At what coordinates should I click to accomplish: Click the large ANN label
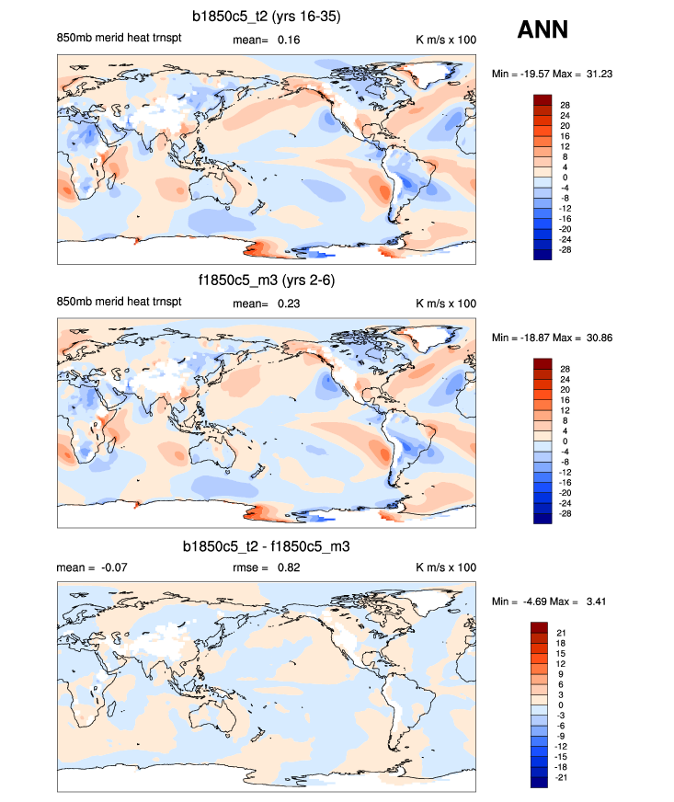(x=543, y=30)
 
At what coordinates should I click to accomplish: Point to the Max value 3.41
(x=598, y=601)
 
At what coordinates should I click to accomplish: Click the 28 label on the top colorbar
(x=565, y=105)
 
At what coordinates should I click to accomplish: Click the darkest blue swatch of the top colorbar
(x=542, y=255)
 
